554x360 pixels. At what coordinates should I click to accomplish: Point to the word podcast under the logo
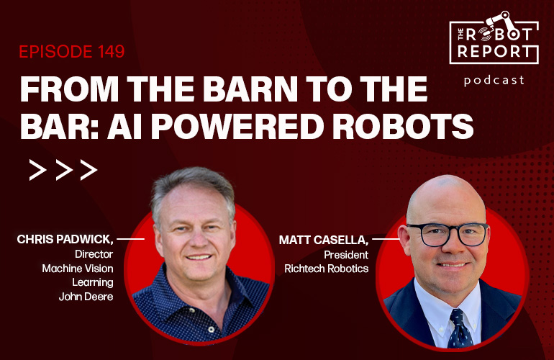[494, 80]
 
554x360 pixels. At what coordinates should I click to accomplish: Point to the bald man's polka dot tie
[458, 328]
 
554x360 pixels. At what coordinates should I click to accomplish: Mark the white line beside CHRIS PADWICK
[130, 238]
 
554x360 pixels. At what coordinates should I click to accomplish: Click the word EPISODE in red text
[54, 53]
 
